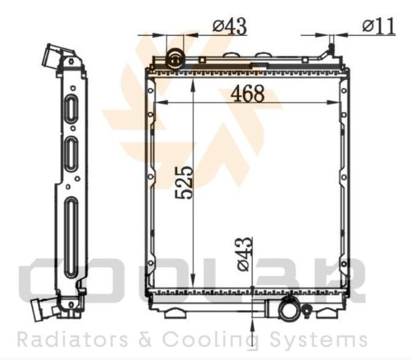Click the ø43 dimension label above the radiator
[230, 26]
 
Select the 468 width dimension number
[247, 93]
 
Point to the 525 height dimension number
[184, 182]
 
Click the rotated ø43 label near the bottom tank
[244, 254]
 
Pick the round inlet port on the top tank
[175, 60]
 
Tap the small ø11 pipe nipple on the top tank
[331, 49]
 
